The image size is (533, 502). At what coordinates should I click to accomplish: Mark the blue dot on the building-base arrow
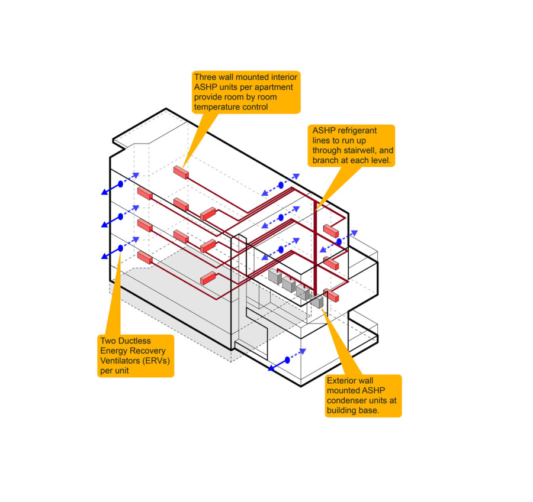(x=288, y=360)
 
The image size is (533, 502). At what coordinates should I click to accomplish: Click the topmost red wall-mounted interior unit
(x=180, y=172)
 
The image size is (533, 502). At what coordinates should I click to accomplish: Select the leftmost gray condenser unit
(x=275, y=276)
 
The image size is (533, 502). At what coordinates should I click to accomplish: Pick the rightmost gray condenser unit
(x=317, y=301)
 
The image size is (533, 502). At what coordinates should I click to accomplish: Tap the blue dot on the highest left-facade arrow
(x=120, y=184)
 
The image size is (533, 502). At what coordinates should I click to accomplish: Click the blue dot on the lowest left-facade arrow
(x=120, y=248)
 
